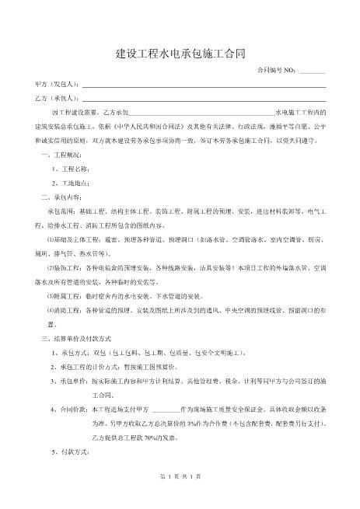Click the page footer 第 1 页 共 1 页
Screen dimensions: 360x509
tap(180, 497)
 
